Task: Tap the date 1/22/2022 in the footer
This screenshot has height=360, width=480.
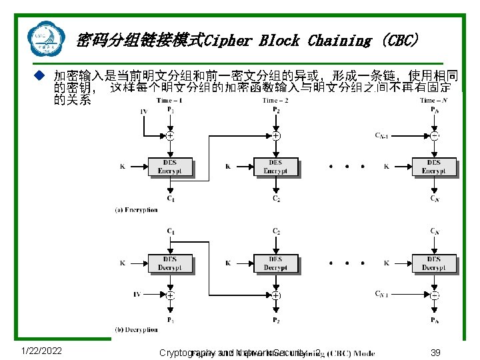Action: coord(41,351)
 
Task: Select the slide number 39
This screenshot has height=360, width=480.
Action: coord(436,352)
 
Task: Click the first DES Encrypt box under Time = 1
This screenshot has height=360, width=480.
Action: coord(169,167)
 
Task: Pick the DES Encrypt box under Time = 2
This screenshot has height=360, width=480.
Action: coord(275,167)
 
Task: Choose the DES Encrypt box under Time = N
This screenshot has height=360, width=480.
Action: coord(434,167)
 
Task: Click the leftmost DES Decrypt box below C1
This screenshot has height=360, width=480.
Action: coord(169,263)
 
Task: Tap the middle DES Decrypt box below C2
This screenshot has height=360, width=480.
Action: coord(275,263)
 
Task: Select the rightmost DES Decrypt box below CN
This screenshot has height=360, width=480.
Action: coord(434,263)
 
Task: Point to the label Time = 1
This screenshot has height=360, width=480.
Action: coord(171,101)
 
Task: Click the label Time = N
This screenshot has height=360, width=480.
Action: coord(434,101)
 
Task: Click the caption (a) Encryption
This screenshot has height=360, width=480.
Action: coord(136,209)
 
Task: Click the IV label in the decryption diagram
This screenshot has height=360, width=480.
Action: coord(138,293)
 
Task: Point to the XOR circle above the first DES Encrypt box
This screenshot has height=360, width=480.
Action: coord(170,135)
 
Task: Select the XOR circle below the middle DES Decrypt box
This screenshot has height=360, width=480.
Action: coord(275,295)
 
